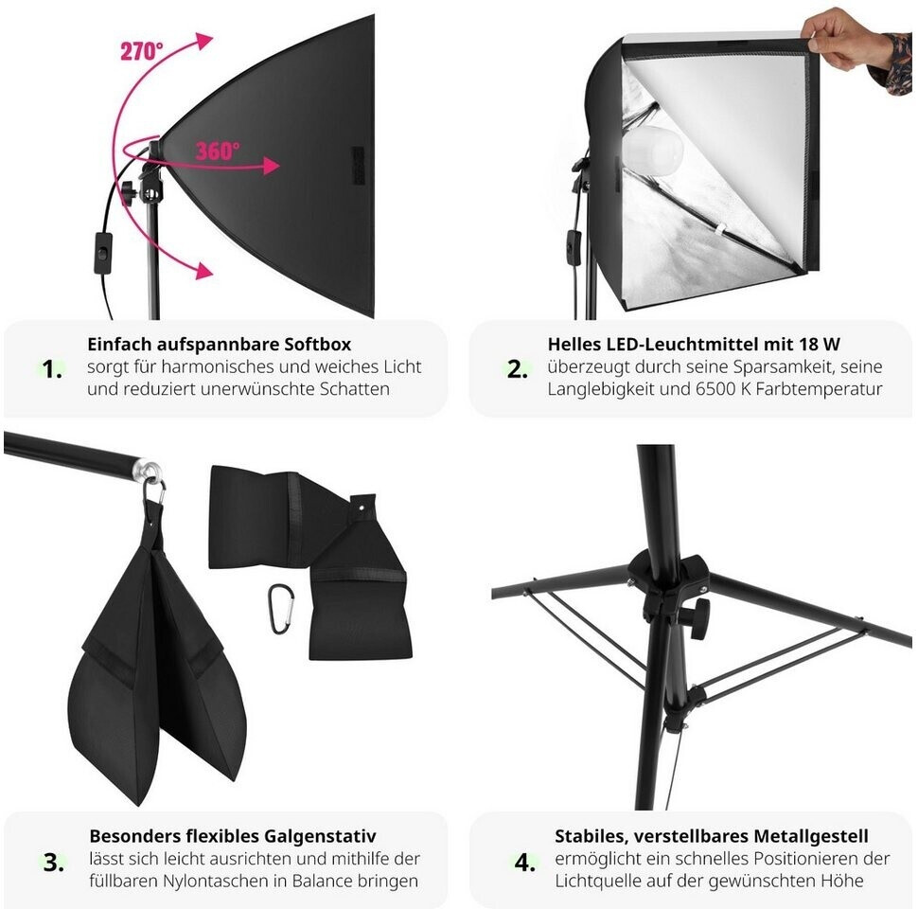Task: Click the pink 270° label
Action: point(142,51)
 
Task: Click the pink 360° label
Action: point(218,151)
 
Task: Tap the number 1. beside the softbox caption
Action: point(53,369)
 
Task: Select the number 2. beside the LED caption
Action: point(518,369)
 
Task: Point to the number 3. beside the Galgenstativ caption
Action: point(54,863)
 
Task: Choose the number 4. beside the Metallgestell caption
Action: point(525,863)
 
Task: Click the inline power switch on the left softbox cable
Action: point(103,254)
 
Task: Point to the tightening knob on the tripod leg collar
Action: point(697,618)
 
